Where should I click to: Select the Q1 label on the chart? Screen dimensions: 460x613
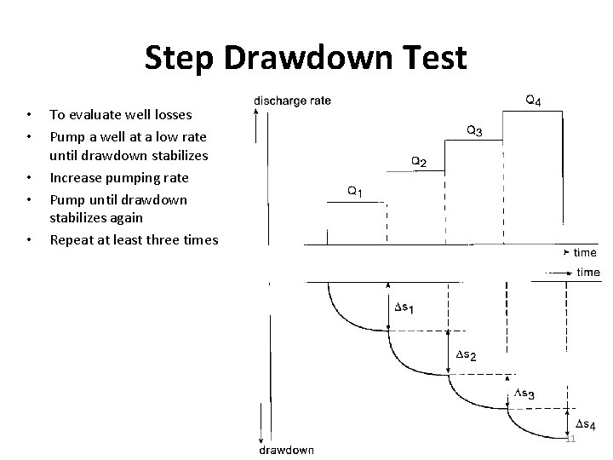(x=355, y=193)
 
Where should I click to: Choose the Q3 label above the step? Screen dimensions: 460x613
(x=476, y=131)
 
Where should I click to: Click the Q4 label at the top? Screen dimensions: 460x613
(x=533, y=101)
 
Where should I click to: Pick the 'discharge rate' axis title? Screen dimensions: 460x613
(x=293, y=101)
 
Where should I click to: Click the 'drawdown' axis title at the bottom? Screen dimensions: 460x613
(x=285, y=450)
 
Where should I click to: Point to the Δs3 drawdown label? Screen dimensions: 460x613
(x=524, y=394)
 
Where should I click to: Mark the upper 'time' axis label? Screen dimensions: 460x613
(x=585, y=253)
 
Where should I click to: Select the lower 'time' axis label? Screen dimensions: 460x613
(x=588, y=273)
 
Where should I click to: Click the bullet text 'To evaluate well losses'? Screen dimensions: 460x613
(x=120, y=114)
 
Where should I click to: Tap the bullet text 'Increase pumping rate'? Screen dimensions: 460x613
(x=118, y=178)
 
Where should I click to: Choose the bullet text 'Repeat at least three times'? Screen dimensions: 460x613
(x=134, y=239)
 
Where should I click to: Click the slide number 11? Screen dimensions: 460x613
(x=570, y=439)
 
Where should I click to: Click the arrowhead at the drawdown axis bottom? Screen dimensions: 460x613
(x=257, y=438)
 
